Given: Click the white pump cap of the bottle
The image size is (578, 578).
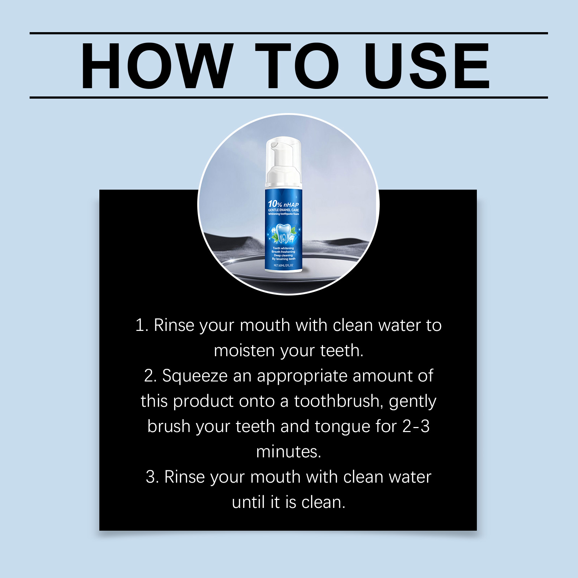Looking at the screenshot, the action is pyautogui.click(x=284, y=161).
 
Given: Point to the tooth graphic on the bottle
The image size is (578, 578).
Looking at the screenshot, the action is pyautogui.click(x=284, y=233).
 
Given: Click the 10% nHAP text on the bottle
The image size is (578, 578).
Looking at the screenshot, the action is pyautogui.click(x=284, y=204).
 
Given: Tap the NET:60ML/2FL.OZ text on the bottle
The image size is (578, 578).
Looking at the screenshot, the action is pyautogui.click(x=284, y=266).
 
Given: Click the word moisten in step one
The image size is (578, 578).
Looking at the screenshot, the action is pyautogui.click(x=244, y=350).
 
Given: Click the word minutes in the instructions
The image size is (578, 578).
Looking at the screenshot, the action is pyautogui.click(x=289, y=452).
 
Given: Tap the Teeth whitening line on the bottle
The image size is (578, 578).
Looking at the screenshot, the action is pyautogui.click(x=284, y=248).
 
